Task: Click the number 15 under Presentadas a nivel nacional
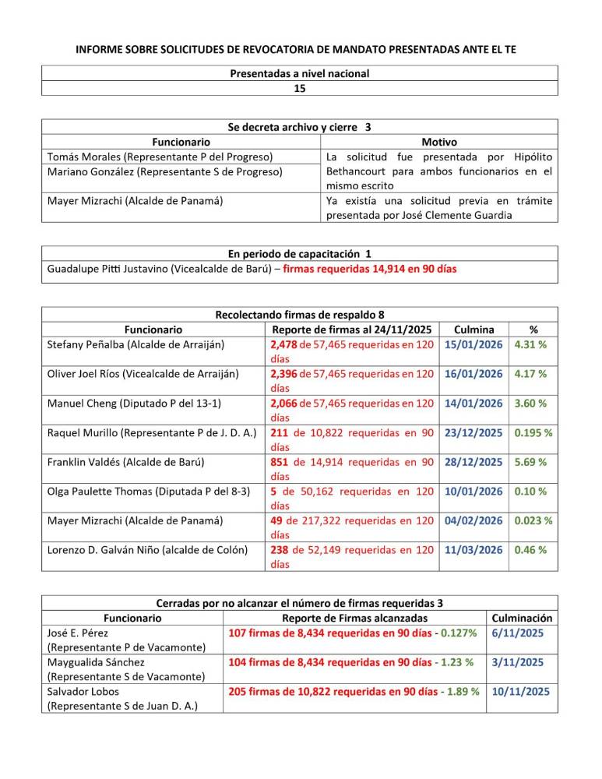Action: coord(300,89)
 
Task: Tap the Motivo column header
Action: coord(438,143)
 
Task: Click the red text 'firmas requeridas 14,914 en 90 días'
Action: coord(369,269)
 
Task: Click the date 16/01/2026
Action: coord(473,374)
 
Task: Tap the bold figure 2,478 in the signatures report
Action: coord(283,344)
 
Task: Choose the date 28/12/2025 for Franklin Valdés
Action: coord(473,462)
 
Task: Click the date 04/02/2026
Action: coord(473,520)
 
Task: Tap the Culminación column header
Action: coord(523,618)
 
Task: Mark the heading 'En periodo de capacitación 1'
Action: coord(300,253)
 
